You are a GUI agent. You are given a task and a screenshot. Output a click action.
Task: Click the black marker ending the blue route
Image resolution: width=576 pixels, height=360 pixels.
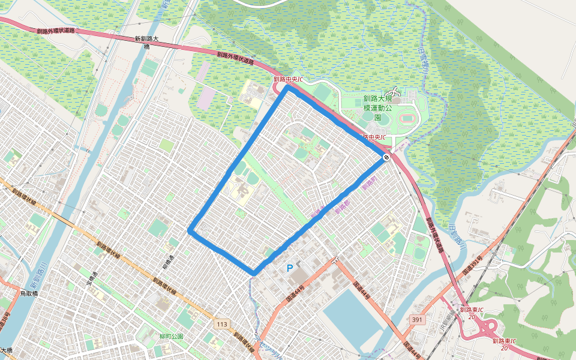[386, 157]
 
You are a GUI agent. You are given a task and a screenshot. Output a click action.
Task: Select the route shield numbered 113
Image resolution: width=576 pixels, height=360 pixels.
[222, 325]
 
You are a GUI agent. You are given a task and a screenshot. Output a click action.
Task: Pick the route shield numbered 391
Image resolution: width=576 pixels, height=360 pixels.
[418, 320]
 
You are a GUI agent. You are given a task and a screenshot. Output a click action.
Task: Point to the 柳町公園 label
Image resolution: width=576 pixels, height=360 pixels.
[171, 336]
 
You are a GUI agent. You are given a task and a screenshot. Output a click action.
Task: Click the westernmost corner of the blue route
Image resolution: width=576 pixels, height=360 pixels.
[190, 230]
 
